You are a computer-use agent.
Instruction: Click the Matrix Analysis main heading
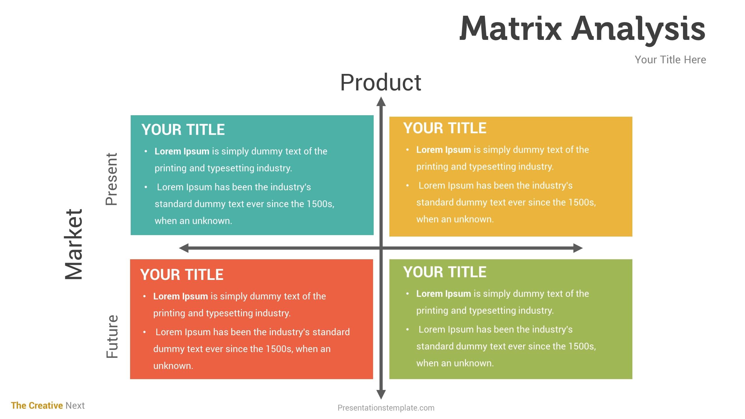tap(582, 29)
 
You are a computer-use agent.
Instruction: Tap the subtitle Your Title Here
tap(670, 60)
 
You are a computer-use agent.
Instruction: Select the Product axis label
tap(381, 82)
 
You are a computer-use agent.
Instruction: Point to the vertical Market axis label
tap(74, 244)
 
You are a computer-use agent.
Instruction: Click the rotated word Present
tap(111, 179)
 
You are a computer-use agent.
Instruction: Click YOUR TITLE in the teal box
tap(183, 129)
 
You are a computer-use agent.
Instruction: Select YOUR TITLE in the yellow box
tap(445, 128)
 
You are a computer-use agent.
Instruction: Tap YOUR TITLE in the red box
tap(182, 274)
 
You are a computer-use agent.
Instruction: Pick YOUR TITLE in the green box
tap(445, 272)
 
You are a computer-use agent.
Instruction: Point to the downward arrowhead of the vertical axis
tap(381, 395)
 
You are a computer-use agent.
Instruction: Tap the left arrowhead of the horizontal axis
tap(184, 248)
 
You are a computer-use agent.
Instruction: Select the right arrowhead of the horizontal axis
tap(578, 248)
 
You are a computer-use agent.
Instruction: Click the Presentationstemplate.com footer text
tap(386, 408)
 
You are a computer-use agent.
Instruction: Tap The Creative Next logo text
tap(48, 405)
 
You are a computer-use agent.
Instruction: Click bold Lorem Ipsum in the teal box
tap(182, 151)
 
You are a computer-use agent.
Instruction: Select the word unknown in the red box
tap(173, 366)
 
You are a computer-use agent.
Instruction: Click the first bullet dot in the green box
tap(407, 294)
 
